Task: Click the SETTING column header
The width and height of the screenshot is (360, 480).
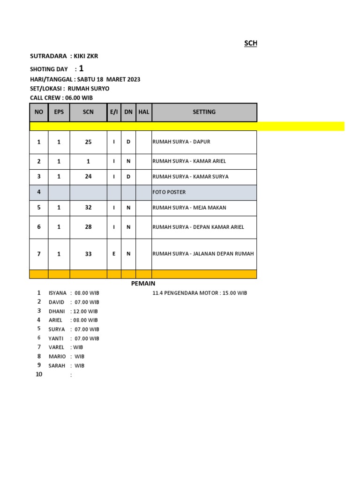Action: (x=204, y=112)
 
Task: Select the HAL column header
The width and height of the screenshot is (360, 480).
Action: (x=143, y=112)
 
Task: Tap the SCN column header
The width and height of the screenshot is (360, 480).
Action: (x=88, y=112)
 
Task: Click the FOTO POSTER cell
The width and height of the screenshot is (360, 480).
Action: (x=169, y=192)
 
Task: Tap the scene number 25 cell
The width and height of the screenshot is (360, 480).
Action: (x=88, y=142)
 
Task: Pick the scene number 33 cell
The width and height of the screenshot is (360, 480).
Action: (x=88, y=254)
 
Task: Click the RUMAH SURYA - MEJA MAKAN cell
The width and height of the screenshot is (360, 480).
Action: (x=186, y=208)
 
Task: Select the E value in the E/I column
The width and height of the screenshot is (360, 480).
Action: (x=114, y=254)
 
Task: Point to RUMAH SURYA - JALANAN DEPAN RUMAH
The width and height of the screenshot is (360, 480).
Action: (x=203, y=254)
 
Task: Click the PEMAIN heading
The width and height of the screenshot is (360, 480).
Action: (x=143, y=284)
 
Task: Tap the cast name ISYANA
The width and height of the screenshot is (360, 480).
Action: (x=58, y=293)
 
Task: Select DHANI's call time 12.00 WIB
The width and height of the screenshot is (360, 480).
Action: (x=85, y=311)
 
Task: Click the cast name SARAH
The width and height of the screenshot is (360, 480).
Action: (x=57, y=366)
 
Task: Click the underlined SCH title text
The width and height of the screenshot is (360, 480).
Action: (x=250, y=44)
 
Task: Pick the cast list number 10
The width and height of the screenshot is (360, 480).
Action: (x=39, y=374)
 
